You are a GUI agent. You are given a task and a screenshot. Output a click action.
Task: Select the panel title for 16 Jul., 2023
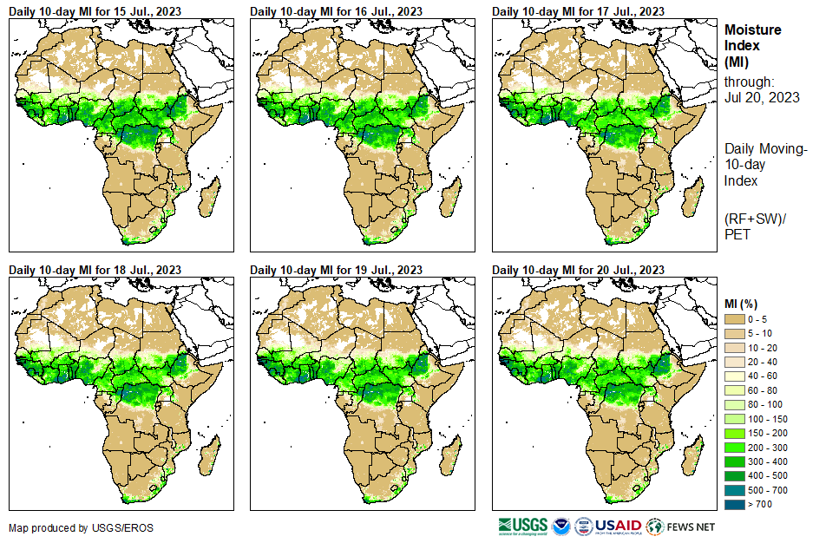[337, 10]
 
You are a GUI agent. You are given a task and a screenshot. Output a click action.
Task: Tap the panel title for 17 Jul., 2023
[579, 10]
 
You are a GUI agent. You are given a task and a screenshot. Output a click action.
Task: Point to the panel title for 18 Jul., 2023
[95, 270]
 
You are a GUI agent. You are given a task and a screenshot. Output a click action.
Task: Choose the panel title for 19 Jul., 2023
[337, 270]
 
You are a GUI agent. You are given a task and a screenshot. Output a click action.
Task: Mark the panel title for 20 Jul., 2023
[579, 270]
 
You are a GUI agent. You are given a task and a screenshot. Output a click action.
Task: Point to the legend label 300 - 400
[768, 461]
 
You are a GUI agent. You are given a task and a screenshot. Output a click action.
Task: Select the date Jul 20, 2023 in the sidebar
[762, 97]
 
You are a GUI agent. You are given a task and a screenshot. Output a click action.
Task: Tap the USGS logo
[522, 527]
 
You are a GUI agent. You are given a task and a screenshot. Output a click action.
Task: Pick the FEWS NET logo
[682, 527]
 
